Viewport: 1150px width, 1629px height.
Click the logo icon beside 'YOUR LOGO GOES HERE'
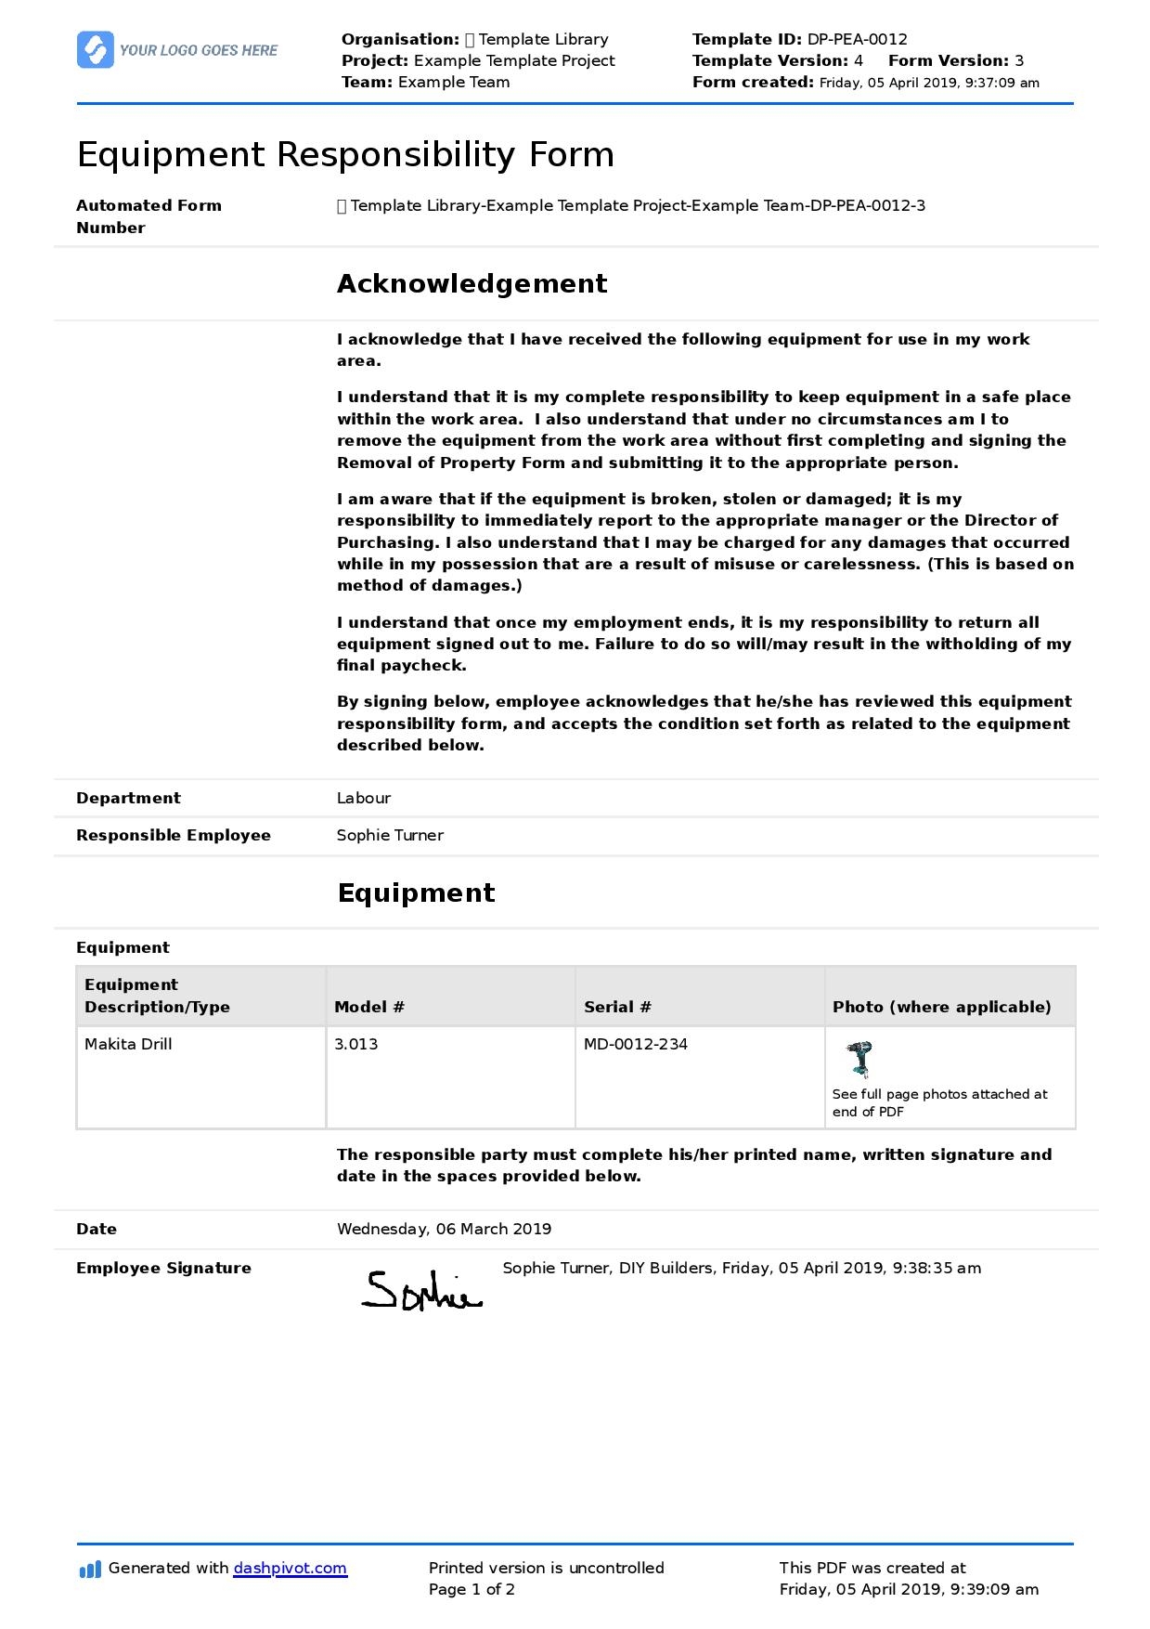tap(96, 50)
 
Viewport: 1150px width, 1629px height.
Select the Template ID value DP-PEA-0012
tap(857, 39)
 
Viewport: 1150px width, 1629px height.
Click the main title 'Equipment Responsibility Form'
tap(345, 154)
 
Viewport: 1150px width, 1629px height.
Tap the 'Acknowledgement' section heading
tap(472, 283)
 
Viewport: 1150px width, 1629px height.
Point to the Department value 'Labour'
tap(363, 798)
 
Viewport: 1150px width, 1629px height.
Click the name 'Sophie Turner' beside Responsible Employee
tap(390, 835)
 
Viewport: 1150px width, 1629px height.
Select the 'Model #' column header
tap(369, 1007)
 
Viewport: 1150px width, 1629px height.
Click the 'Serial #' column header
tap(617, 1007)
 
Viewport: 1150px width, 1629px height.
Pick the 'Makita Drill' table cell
tap(128, 1044)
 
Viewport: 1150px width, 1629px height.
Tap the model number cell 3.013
tap(356, 1044)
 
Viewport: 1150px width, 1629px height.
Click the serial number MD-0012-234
tap(636, 1044)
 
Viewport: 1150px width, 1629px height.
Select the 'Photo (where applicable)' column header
tap(941, 1007)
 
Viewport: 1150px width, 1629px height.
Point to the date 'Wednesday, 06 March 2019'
tap(444, 1229)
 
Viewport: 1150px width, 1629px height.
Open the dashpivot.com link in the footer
tap(290, 1568)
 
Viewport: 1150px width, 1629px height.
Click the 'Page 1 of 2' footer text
tap(472, 1589)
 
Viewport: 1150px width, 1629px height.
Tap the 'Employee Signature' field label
tap(163, 1268)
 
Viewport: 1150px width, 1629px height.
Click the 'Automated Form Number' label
tap(149, 216)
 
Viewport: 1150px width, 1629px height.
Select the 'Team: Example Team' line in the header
tap(425, 82)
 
